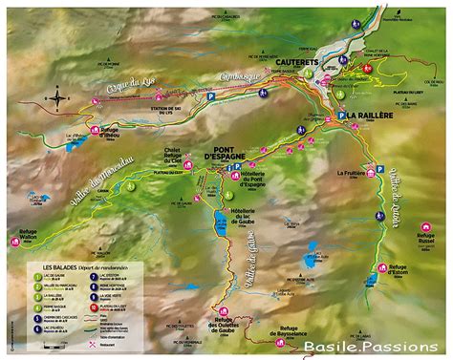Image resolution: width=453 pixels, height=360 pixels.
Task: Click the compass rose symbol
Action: pos(58,97)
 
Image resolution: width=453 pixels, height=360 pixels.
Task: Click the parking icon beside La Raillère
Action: pos(338,115)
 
